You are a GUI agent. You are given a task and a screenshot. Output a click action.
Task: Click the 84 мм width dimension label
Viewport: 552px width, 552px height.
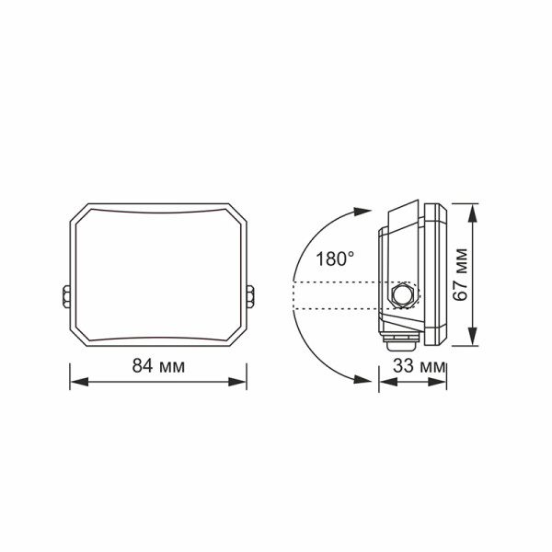click(158, 365)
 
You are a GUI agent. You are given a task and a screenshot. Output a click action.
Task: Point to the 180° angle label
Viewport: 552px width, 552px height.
click(332, 259)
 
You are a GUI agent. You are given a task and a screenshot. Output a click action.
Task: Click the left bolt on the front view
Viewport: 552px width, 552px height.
click(66, 297)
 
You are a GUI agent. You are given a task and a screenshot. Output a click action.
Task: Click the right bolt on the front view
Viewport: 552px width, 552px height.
click(251, 297)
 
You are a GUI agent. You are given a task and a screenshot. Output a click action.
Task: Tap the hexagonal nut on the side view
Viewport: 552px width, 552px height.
click(402, 295)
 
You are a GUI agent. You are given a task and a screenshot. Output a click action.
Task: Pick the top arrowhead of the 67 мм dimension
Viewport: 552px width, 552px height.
click(473, 210)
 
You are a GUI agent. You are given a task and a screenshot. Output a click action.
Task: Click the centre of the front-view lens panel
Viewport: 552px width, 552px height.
click(158, 273)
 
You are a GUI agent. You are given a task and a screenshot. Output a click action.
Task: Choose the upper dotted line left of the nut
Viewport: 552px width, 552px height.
click(340, 282)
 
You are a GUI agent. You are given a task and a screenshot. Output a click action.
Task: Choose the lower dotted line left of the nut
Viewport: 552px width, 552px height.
click(340, 308)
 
